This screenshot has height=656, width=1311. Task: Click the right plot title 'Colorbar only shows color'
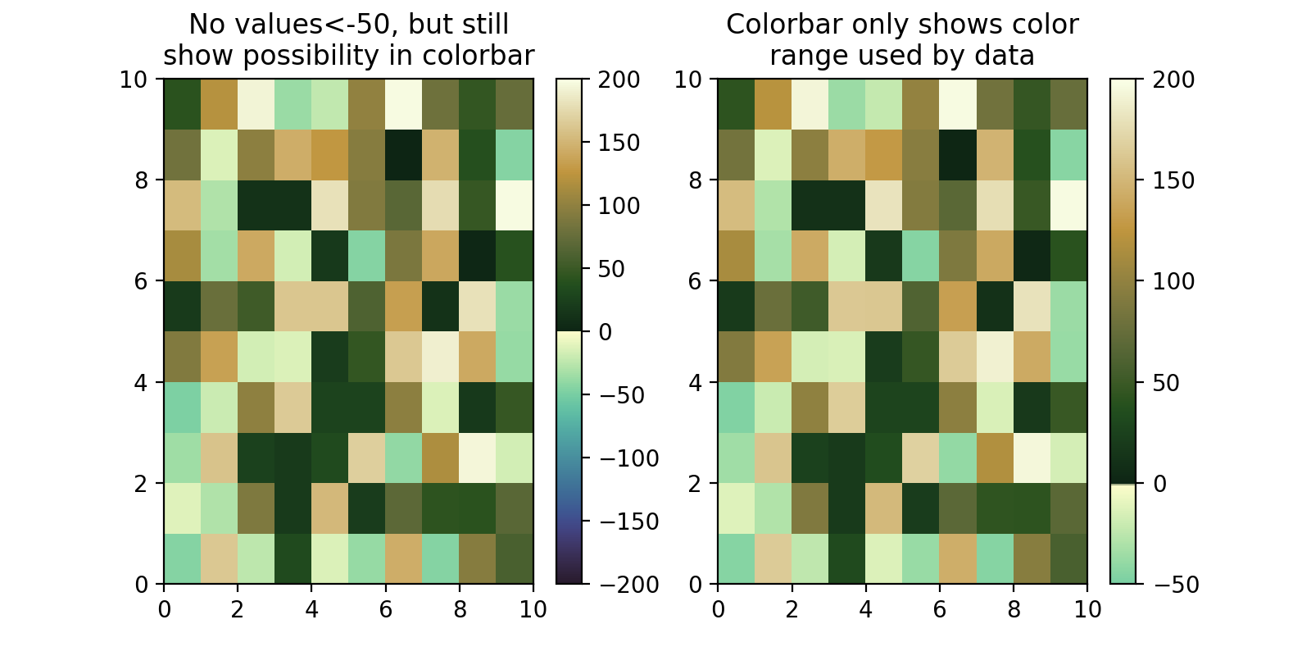click(x=902, y=25)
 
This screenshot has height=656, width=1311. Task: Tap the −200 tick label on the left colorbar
click(x=629, y=585)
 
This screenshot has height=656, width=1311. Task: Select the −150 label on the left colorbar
click(x=629, y=522)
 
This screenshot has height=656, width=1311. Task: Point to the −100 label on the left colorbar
click(x=629, y=458)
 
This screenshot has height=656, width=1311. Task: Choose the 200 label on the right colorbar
click(x=1173, y=80)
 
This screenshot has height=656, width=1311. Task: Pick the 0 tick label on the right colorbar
click(x=1159, y=484)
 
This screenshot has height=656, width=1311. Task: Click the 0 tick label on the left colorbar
click(x=606, y=332)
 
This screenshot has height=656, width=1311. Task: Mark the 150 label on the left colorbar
click(x=619, y=143)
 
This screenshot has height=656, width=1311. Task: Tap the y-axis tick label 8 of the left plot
click(x=142, y=180)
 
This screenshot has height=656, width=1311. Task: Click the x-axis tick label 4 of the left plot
click(x=311, y=609)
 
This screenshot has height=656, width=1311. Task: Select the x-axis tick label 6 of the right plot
click(x=939, y=609)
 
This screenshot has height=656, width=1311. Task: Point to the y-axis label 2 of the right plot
click(x=696, y=484)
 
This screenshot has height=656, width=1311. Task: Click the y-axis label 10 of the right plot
click(x=688, y=80)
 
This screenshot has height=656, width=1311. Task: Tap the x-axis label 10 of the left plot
click(x=533, y=609)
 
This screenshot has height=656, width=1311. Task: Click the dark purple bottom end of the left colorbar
click(x=569, y=577)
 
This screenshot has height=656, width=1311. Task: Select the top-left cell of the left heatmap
click(x=182, y=104)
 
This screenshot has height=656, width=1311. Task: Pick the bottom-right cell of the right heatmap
click(x=1068, y=559)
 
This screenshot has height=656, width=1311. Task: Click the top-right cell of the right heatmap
click(x=1068, y=104)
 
